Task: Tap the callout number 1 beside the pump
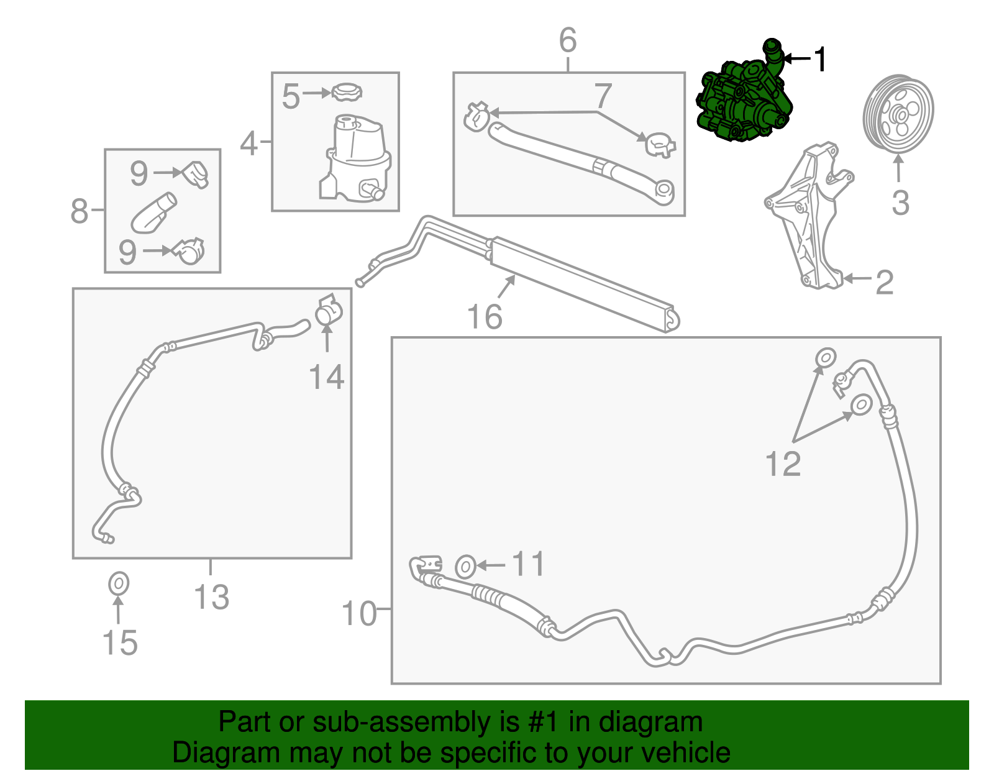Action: click(821, 60)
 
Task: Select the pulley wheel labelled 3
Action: click(898, 114)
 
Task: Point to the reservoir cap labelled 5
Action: click(347, 93)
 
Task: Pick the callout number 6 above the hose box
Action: click(568, 40)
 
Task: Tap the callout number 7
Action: click(603, 96)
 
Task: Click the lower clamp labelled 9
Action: click(188, 250)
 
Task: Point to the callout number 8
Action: click(80, 211)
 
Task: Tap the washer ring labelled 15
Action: click(118, 584)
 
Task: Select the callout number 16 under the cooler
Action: click(485, 317)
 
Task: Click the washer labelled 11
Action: click(465, 566)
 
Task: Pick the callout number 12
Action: click(783, 464)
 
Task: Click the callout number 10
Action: click(359, 614)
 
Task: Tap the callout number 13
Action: click(212, 598)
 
